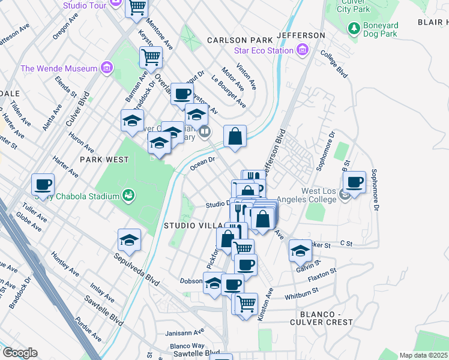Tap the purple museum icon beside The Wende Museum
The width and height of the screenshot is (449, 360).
(107, 67)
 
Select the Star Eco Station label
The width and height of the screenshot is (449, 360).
(264, 51)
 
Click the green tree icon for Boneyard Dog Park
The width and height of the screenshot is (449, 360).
(354, 28)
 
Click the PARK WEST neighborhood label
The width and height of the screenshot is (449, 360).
(104, 160)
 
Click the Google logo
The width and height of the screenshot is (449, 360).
(20, 352)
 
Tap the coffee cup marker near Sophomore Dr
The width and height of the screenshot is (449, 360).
(354, 182)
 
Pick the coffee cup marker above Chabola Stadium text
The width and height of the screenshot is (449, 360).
(43, 185)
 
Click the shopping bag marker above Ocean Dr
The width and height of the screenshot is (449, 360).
(235, 136)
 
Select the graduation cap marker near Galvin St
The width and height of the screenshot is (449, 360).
(300, 251)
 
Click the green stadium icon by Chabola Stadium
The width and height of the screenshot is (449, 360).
(127, 195)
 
